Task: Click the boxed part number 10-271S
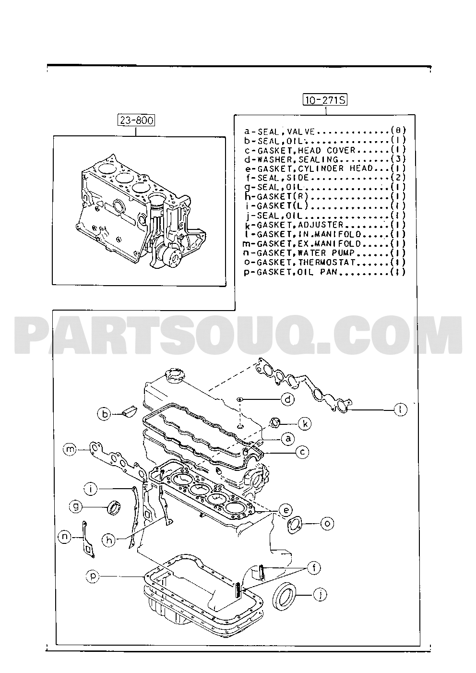(325, 100)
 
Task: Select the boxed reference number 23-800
(136, 120)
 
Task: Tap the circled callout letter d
(288, 399)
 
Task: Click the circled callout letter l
(400, 409)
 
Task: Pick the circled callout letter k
(305, 424)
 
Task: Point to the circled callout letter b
(104, 414)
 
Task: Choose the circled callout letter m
(70, 449)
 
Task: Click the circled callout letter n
(65, 537)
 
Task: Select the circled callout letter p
(93, 576)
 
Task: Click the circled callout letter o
(327, 524)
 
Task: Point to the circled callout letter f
(314, 568)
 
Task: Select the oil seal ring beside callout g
(114, 507)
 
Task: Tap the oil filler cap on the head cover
(174, 376)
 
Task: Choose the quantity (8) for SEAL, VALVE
(398, 131)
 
